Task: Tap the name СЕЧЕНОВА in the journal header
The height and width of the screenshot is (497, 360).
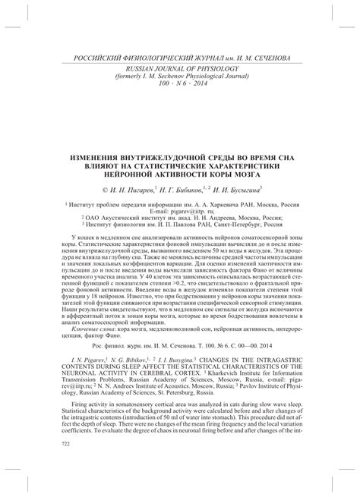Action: [284, 59]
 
